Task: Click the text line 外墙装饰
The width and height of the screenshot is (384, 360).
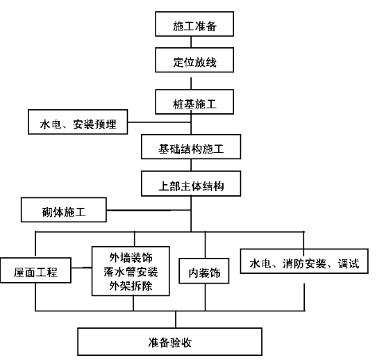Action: coord(131,258)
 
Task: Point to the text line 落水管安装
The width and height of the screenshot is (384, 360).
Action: coord(131,272)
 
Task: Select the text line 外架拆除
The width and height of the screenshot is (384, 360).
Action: coord(131,286)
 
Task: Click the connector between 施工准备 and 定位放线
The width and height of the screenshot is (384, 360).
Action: coord(191,42)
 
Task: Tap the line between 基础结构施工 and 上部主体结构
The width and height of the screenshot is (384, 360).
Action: coord(191,165)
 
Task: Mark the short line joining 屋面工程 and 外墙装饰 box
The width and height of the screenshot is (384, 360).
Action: coord(81,268)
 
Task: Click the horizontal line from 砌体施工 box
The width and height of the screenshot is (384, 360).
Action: coord(149,210)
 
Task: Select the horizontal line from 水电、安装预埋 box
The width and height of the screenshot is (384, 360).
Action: coord(160,122)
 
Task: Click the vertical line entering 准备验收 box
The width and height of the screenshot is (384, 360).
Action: coord(176,320)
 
